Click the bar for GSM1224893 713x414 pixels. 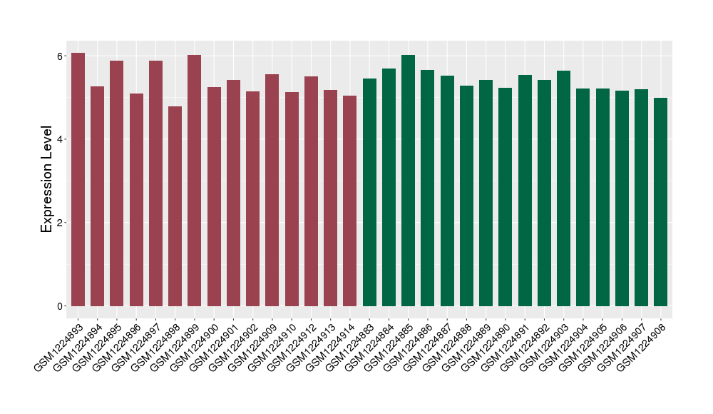point(78,179)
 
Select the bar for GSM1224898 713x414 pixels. point(175,206)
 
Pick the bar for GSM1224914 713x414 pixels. point(350,201)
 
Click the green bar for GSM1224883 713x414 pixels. point(369,192)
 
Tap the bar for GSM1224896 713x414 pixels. point(136,200)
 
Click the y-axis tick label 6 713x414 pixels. point(61,56)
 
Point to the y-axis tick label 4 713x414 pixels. point(61,139)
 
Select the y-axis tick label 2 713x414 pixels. point(61,223)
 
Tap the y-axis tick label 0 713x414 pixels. point(61,306)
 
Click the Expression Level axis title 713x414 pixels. point(47,179)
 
